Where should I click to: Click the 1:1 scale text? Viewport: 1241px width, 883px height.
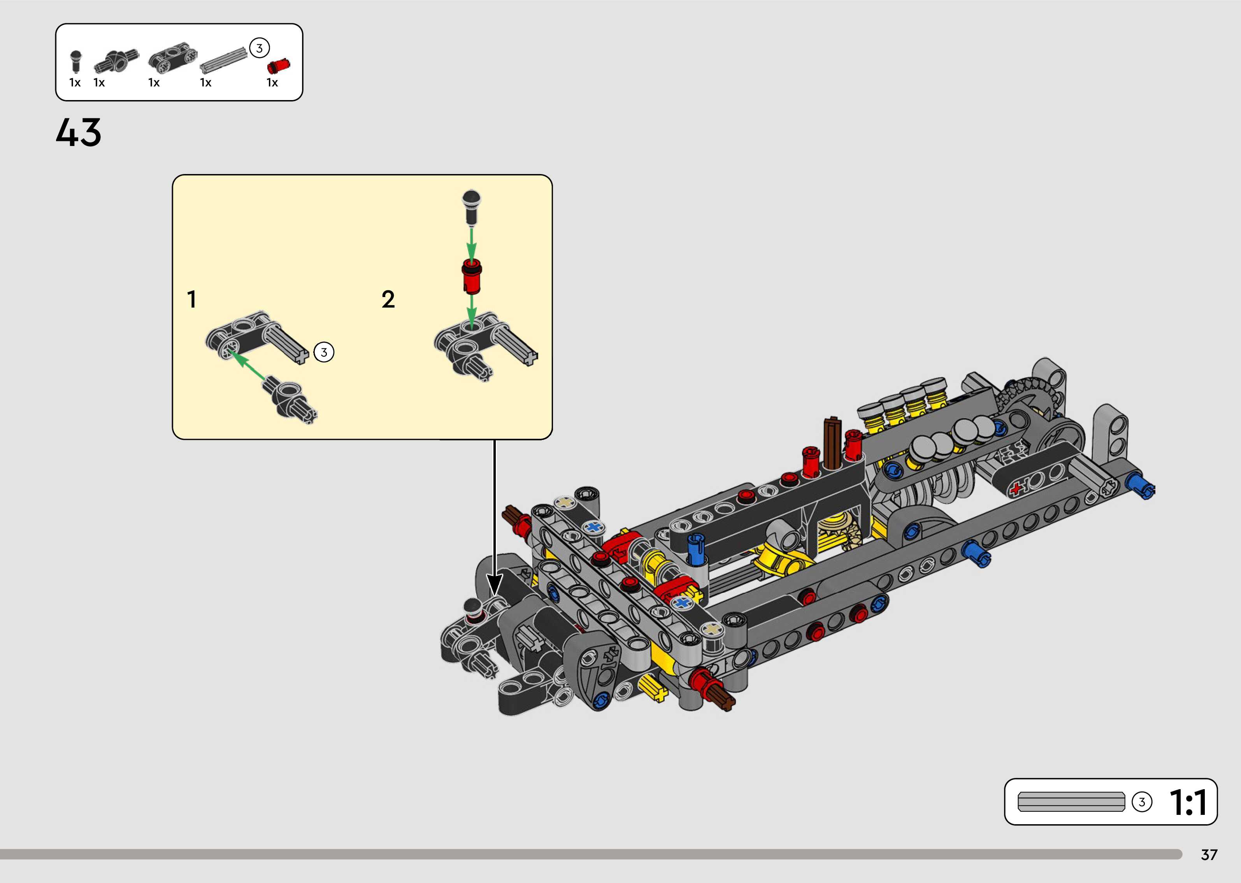click(1188, 802)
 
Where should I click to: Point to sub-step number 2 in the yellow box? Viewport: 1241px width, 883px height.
click(388, 299)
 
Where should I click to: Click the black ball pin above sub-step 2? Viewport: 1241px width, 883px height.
click(471, 207)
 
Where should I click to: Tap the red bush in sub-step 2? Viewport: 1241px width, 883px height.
click(472, 276)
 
